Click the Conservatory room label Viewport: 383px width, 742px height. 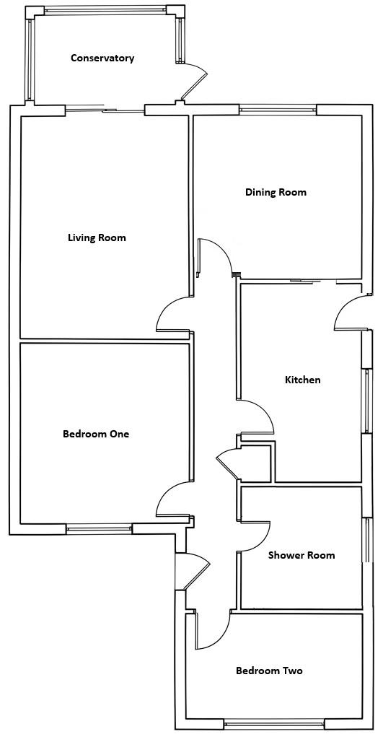[102, 58]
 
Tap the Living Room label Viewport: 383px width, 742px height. [97, 237]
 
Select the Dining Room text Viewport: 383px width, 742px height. [276, 192]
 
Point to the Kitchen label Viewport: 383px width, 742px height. [303, 380]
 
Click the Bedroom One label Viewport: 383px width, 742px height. [96, 434]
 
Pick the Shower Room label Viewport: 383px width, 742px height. [301, 555]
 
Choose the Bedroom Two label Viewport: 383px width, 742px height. [270, 671]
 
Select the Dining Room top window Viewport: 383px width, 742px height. [278, 110]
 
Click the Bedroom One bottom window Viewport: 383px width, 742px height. [99, 529]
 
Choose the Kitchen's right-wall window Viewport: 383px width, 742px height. [366, 401]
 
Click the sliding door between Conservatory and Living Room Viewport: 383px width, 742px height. [105, 110]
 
